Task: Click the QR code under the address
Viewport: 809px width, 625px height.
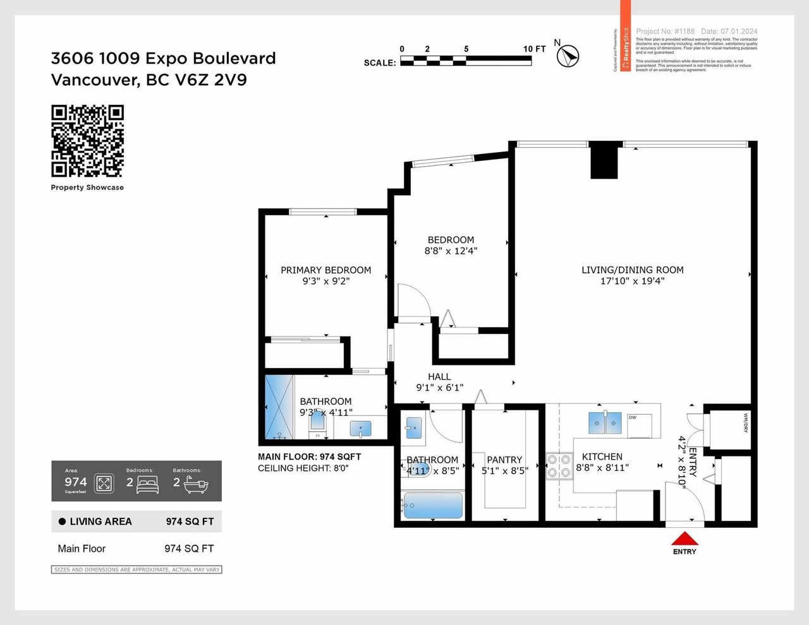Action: [x=87, y=141]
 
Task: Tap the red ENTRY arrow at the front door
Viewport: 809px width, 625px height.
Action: [x=684, y=539]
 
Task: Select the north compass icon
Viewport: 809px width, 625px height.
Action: [x=569, y=55]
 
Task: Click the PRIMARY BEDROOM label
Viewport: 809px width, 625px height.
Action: [x=325, y=270]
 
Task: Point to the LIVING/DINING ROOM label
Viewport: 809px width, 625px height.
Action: [x=632, y=270]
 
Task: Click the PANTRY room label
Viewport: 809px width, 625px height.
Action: [x=504, y=460]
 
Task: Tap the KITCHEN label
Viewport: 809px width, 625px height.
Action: [x=602, y=456]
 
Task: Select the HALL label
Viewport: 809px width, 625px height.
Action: [x=439, y=377]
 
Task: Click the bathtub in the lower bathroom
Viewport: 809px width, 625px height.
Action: [x=433, y=506]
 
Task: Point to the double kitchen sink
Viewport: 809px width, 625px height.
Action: [x=605, y=422]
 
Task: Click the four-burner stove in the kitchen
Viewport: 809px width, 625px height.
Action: [x=559, y=466]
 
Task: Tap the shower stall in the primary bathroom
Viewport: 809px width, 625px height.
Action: [x=279, y=407]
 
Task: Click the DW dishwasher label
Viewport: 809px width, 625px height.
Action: [x=632, y=417]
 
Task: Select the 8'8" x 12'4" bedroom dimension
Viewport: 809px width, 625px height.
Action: [x=451, y=251]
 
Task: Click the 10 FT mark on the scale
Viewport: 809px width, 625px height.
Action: [x=534, y=49]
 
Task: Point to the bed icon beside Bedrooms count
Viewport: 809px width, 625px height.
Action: [x=147, y=485]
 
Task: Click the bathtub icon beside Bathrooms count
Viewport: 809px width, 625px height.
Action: [x=195, y=485]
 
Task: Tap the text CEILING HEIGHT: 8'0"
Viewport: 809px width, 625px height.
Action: [x=303, y=468]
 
